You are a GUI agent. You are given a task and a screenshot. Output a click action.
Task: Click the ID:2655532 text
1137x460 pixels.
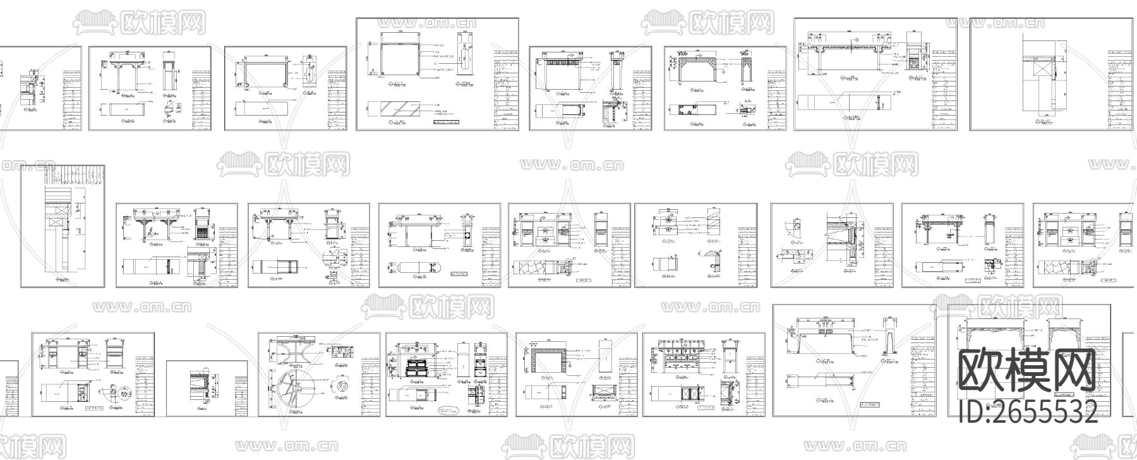click(x=1028, y=412)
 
